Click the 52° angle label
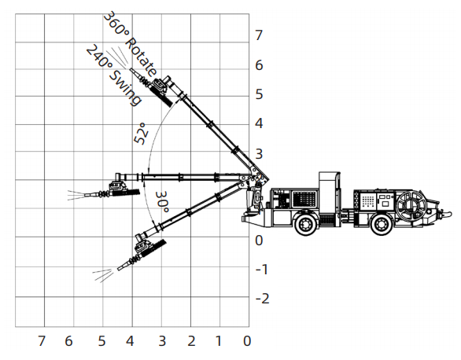(x=141, y=134)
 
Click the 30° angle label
(x=162, y=202)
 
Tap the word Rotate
(x=142, y=57)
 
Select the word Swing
(x=126, y=87)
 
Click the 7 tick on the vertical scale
(x=259, y=35)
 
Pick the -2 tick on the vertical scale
(x=263, y=299)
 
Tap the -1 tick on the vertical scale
(x=262, y=270)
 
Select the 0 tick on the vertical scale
(x=259, y=241)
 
